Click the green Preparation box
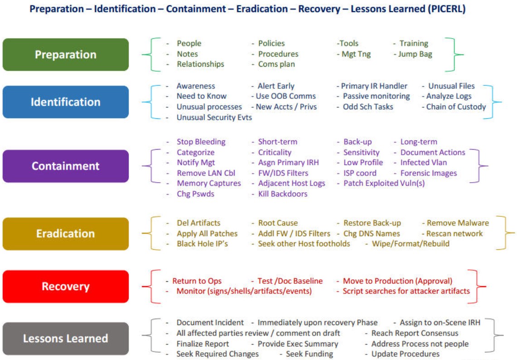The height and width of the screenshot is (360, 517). coord(66,54)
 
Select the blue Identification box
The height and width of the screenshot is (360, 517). coord(66,102)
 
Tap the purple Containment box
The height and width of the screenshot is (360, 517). coord(66,166)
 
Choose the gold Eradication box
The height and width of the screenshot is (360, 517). coord(66,234)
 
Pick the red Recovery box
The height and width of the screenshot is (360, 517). coord(66,287)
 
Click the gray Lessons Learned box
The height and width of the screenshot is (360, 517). coord(66,338)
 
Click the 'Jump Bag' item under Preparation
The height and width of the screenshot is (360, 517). coord(415,54)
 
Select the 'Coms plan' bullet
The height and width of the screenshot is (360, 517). coord(276,64)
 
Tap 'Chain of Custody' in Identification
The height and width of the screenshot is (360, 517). coord(456,107)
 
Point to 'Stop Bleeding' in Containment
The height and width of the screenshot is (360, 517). coord(201,142)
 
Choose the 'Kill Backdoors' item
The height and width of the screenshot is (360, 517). coord(283,194)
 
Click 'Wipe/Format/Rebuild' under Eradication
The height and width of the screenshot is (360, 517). coord(411,243)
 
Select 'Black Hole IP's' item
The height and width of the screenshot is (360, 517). coord(202,243)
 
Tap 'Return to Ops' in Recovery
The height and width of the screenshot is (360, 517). coord(197,281)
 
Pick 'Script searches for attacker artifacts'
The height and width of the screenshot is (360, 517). coord(406,291)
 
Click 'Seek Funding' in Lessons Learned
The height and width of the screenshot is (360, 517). coord(309,354)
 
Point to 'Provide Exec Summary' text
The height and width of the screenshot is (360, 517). coord(298,344)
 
